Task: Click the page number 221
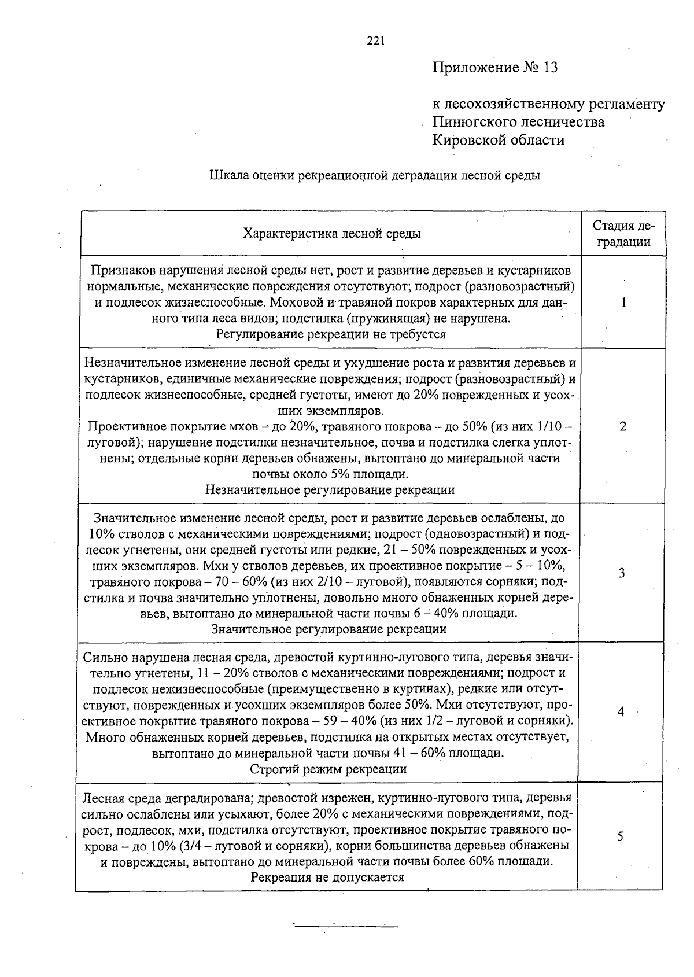click(x=376, y=40)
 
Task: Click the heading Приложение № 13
click(x=496, y=68)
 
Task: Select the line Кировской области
click(x=499, y=140)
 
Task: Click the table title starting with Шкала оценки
click(x=374, y=175)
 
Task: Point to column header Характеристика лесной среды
click(x=331, y=234)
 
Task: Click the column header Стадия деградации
click(x=623, y=234)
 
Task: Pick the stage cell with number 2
click(x=622, y=426)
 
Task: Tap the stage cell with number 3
click(x=622, y=573)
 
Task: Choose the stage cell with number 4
click(x=621, y=712)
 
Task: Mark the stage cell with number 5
click(x=620, y=836)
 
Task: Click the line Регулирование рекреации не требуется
click(x=331, y=334)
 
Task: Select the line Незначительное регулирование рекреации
click(x=330, y=490)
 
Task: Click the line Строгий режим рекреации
click(x=328, y=769)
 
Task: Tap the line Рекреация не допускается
click(x=327, y=877)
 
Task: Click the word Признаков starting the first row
click(x=118, y=270)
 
